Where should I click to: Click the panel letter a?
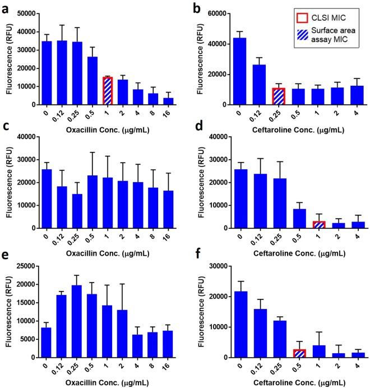(x=5, y=7)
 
